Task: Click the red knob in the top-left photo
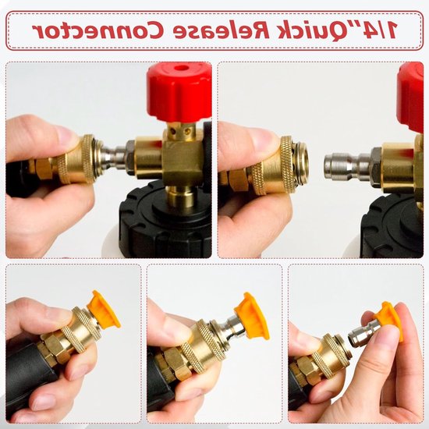[x=179, y=93]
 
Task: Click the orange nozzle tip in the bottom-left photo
[x=105, y=309]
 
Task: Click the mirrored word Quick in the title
[x=301, y=30]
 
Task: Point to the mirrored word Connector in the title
[x=99, y=30]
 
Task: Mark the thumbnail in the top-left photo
[x=66, y=135]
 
